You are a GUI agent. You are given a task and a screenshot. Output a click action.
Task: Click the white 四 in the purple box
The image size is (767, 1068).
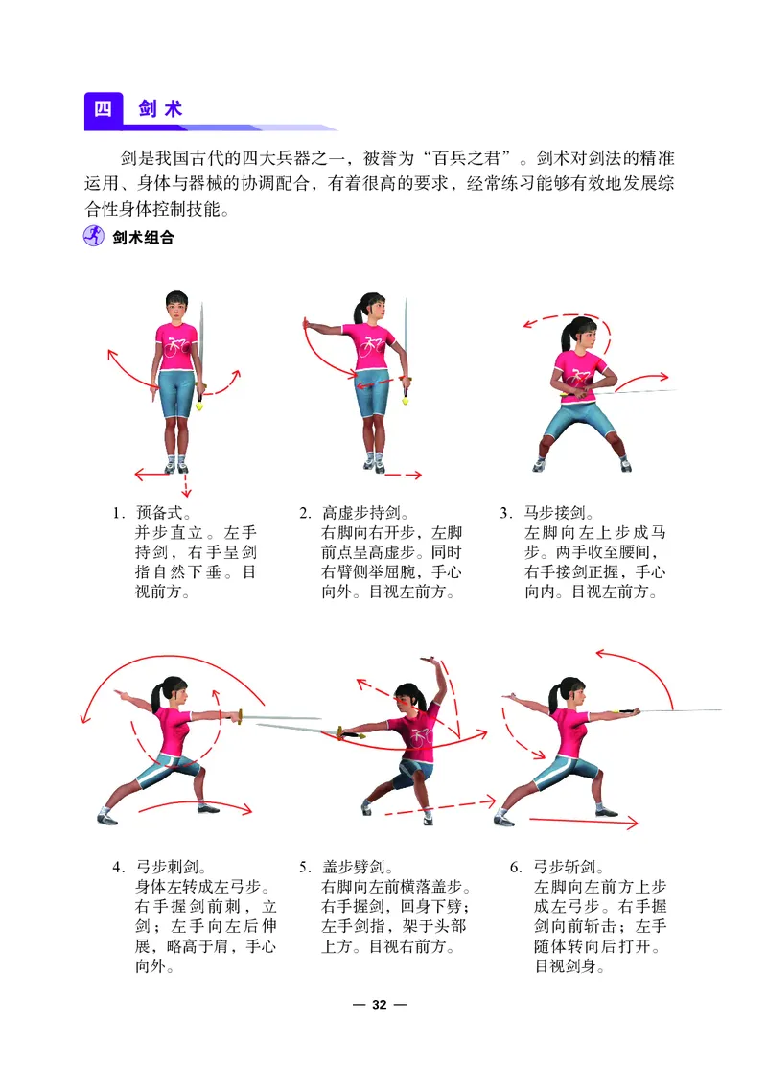tap(103, 108)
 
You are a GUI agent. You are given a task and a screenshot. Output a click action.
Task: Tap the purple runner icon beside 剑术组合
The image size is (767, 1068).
tap(93, 236)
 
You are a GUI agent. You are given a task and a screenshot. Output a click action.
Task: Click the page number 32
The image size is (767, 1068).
tap(380, 1005)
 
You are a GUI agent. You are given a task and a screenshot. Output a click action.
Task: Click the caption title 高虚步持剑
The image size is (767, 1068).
tap(361, 512)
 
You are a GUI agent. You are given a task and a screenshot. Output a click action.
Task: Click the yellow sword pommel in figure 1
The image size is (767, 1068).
tap(200, 406)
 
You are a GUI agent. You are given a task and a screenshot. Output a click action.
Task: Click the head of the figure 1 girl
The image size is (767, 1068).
tap(177, 307)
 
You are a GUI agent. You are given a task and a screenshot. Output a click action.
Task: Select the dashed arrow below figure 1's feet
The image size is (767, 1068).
tap(186, 484)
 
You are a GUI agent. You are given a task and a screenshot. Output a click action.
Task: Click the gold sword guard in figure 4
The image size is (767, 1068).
tap(240, 717)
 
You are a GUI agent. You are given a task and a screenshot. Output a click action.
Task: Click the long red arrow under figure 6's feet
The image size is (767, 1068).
tap(583, 822)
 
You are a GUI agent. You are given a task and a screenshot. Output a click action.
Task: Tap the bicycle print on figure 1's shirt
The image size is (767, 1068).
tap(176, 346)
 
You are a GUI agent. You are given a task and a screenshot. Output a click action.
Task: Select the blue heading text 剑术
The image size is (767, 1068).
tap(161, 108)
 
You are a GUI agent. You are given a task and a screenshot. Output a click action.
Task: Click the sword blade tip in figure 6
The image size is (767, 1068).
tap(720, 710)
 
